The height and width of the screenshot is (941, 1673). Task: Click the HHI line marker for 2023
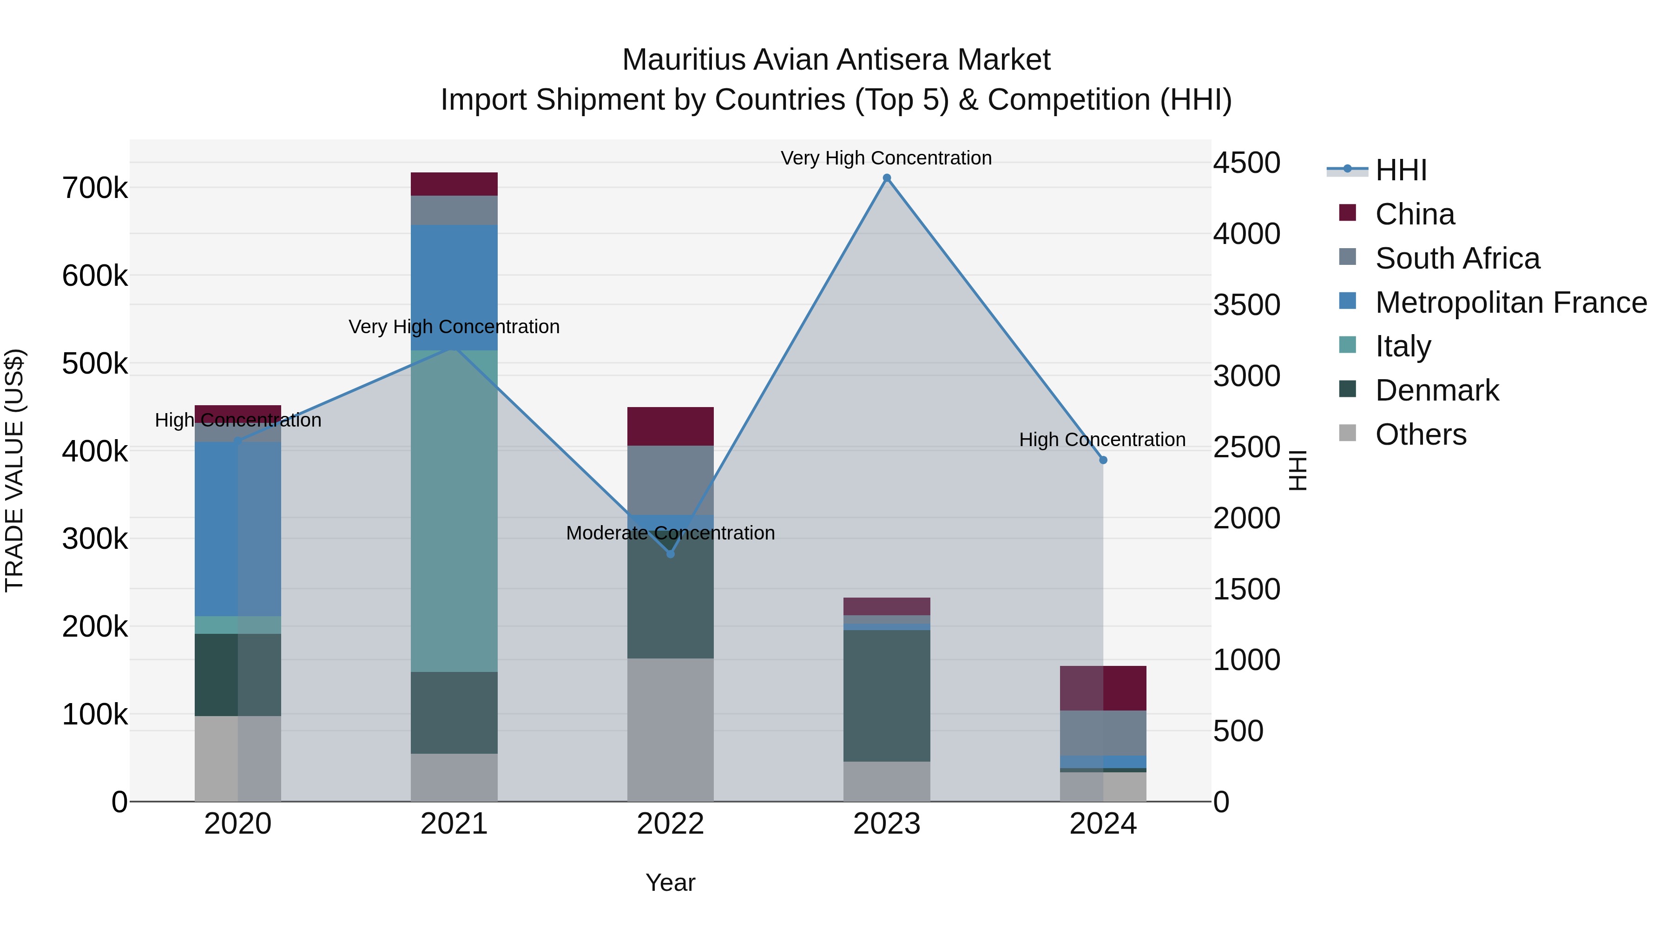click(887, 178)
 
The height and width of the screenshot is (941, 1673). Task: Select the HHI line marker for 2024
click(1103, 460)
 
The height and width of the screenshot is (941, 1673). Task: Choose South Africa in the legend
click(1457, 258)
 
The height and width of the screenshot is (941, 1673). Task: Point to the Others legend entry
click(1420, 434)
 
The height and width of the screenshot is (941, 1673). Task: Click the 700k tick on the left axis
click(95, 188)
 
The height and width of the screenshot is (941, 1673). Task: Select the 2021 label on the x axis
click(454, 824)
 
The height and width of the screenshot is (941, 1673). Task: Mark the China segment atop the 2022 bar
click(670, 426)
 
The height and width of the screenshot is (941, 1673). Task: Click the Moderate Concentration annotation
click(670, 533)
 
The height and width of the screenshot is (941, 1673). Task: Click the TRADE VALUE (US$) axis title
click(15, 470)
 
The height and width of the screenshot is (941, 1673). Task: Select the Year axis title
click(670, 882)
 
